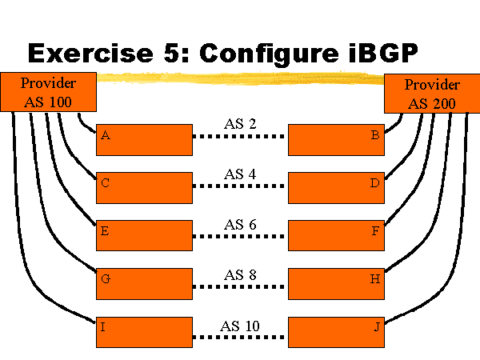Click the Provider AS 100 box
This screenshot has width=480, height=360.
coord(49,92)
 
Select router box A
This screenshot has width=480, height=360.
coord(144,139)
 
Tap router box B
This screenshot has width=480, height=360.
coord(336,139)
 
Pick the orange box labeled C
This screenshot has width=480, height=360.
coord(144,187)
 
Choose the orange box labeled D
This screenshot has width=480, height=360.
coord(336,187)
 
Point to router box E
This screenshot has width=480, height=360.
coord(144,235)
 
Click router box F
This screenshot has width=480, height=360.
coord(336,235)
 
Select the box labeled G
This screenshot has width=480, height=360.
coord(144,283)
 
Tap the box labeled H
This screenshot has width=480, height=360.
coord(336,283)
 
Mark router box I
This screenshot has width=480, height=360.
coord(144,331)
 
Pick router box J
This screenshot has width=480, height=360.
coord(336,331)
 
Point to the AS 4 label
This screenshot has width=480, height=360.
coord(240,173)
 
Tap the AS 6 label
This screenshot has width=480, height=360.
coord(240,224)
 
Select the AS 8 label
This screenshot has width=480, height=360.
coord(240,274)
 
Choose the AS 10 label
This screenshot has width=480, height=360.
coord(240,326)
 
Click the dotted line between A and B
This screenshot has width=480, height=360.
coord(240,136)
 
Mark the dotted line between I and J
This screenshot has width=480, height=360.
coord(240,338)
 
